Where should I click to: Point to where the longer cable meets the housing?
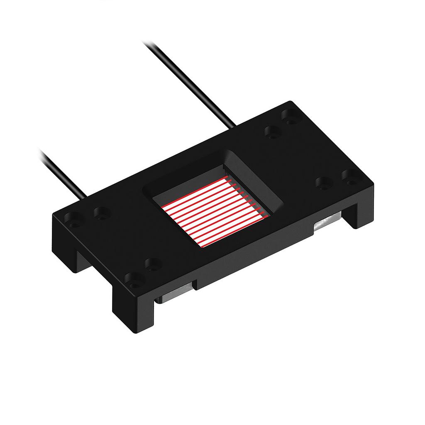(x=233, y=125)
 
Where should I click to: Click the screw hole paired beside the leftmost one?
(x=100, y=213)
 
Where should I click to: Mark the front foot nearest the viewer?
(x=133, y=311)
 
